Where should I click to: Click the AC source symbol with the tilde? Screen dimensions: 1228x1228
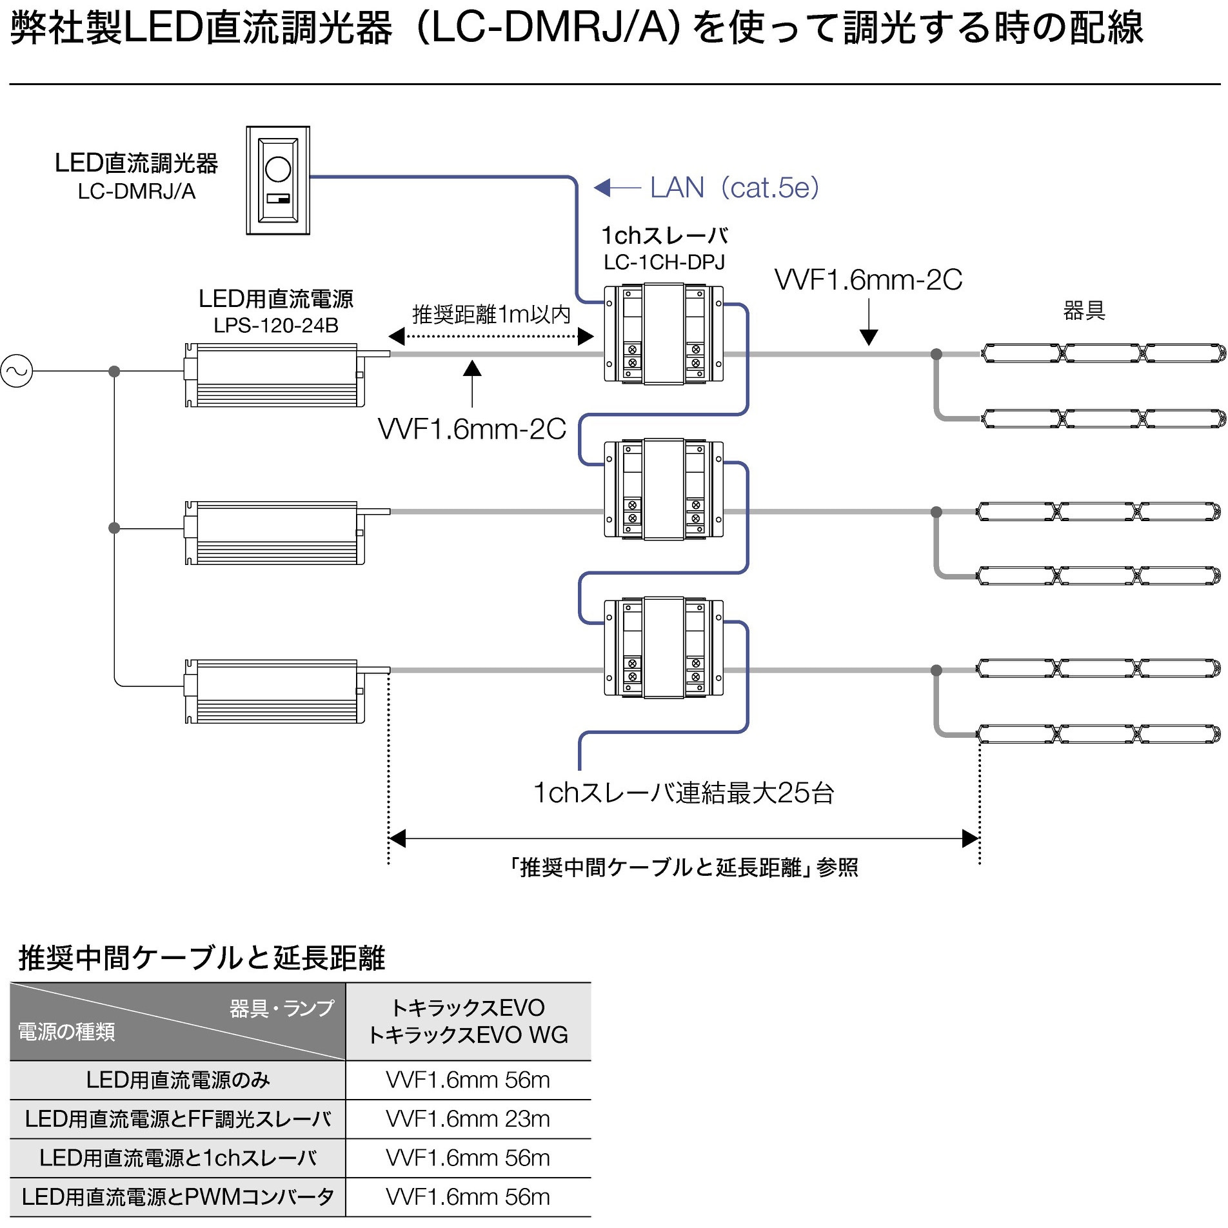pyautogui.click(x=17, y=371)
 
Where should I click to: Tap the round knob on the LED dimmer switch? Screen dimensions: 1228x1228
pyautogui.click(x=278, y=170)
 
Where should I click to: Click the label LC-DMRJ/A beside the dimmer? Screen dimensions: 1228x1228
pyautogui.click(x=136, y=192)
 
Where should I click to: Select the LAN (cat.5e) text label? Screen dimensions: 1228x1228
pyautogui.click(x=734, y=188)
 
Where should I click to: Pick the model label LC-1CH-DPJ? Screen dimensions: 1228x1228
pyautogui.click(x=664, y=262)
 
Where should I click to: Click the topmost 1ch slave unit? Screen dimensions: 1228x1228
pyautogui.click(x=663, y=334)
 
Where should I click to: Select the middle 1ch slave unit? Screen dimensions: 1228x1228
pyautogui.click(x=663, y=490)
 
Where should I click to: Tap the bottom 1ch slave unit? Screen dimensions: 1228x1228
pyautogui.click(x=663, y=648)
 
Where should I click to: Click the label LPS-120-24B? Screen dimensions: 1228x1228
pyautogui.click(x=275, y=326)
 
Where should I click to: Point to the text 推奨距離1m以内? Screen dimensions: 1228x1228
pyautogui.click(x=491, y=315)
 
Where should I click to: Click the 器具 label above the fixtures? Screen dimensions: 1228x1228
pyautogui.click(x=1084, y=311)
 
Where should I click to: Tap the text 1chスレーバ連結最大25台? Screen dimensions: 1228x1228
pyautogui.click(x=683, y=793)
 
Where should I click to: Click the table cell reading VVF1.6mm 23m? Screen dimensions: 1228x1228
pyautogui.click(x=468, y=1118)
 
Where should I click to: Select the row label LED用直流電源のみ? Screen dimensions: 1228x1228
pyautogui.click(x=178, y=1080)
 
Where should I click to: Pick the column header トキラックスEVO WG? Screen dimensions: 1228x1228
pyautogui.click(x=468, y=1035)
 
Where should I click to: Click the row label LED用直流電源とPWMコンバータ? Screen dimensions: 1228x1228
pyautogui.click(x=178, y=1197)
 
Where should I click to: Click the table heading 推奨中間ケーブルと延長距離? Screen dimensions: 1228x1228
pyautogui.click(x=201, y=958)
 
